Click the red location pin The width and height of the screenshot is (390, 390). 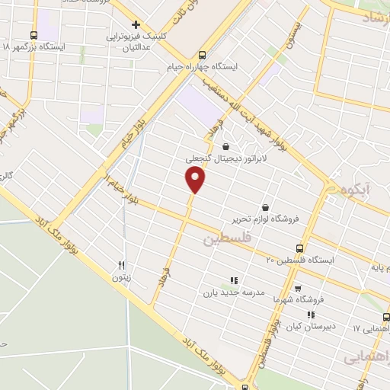click(x=196, y=180)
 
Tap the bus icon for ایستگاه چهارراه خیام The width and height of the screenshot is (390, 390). click(x=201, y=55)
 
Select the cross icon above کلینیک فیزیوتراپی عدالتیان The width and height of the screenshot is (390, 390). click(x=135, y=24)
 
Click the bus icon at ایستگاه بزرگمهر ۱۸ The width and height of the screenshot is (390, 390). click(x=34, y=35)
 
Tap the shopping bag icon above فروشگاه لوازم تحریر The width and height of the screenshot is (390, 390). click(x=264, y=207)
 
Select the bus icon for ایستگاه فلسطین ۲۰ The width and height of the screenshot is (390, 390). click(x=299, y=248)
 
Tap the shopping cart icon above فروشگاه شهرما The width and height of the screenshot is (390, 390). click(x=297, y=288)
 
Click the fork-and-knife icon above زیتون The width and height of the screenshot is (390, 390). click(x=121, y=265)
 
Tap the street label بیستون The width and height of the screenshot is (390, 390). click(x=293, y=34)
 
